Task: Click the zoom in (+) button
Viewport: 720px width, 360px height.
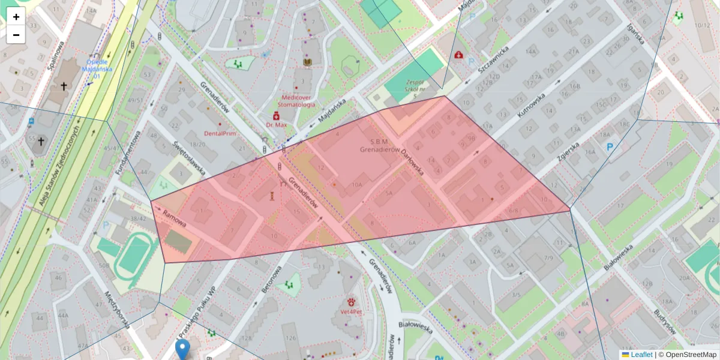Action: tap(16, 17)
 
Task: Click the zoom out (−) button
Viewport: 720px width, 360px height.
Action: tap(16, 35)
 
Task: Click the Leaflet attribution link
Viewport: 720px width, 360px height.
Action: tap(641, 355)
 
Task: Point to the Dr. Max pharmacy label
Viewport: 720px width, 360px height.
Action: tap(277, 125)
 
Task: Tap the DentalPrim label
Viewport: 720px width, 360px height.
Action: tap(220, 133)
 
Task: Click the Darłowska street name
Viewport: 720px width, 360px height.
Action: tap(413, 162)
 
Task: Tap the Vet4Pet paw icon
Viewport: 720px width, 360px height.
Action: tap(351, 301)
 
